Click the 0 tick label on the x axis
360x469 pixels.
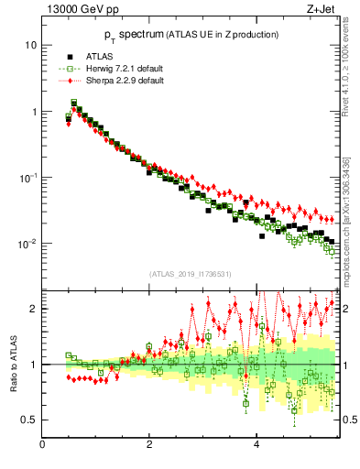tap(43, 445)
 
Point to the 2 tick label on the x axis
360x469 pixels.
tap(149, 445)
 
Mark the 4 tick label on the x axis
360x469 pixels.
tap(256, 445)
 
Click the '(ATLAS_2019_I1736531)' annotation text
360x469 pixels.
tap(191, 274)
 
